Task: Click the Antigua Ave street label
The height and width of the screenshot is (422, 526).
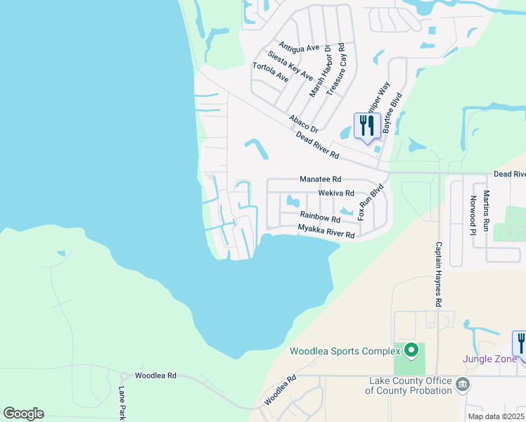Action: pos(299,47)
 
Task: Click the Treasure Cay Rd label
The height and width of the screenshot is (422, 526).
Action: pos(341,64)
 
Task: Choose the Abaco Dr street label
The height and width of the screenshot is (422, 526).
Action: pos(303,124)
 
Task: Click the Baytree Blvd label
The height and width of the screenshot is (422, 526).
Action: pos(391,114)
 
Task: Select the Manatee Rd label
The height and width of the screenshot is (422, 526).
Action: pos(320,180)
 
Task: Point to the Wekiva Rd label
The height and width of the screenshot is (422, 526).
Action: pos(335,192)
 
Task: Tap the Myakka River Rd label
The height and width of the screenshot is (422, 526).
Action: pos(326,230)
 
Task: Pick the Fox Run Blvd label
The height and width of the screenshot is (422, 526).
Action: pos(370,202)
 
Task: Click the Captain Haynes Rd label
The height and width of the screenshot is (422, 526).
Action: pos(438,274)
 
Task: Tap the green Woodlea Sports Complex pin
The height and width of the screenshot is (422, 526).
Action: pos(411,350)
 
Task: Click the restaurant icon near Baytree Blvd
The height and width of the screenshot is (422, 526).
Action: pos(367,127)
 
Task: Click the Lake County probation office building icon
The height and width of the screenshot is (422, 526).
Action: pos(463,384)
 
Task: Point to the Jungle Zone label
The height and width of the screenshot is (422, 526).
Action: pos(490,359)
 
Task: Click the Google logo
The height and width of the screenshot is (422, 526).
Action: pos(23,414)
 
